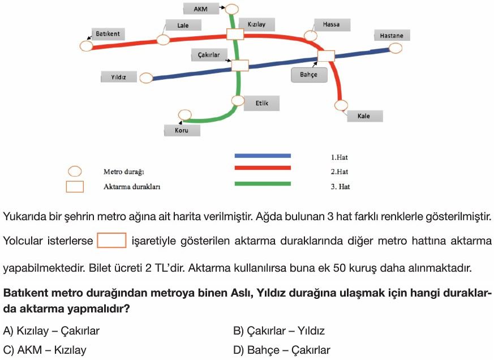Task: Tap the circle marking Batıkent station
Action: (x=87, y=46)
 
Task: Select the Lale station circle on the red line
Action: (x=163, y=40)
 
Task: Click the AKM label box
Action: (x=201, y=9)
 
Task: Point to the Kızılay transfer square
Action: (x=235, y=34)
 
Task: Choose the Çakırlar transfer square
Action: (x=240, y=65)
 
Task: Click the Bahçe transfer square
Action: (x=326, y=56)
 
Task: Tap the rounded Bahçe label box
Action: (x=309, y=75)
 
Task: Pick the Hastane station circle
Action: (x=396, y=48)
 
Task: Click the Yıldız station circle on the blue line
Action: (x=146, y=78)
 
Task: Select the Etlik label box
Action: (x=261, y=103)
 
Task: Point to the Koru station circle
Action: (x=185, y=115)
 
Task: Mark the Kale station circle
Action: (x=341, y=105)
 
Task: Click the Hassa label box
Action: (x=332, y=24)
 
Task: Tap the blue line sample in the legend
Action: (x=263, y=156)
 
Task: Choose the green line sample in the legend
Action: (x=263, y=183)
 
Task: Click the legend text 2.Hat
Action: (x=340, y=172)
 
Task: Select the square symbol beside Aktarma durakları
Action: (x=75, y=187)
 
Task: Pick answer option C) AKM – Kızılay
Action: (x=45, y=350)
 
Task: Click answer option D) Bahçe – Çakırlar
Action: (x=282, y=350)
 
